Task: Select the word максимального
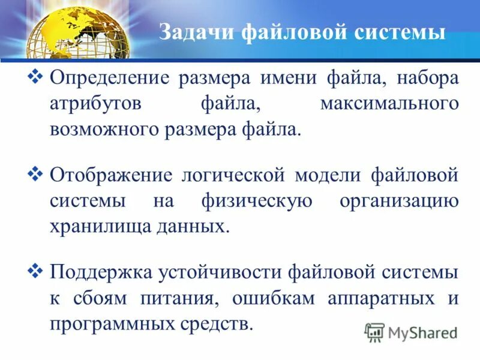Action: (x=389, y=104)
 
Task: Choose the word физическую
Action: (x=257, y=202)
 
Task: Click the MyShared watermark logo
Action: (x=411, y=332)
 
